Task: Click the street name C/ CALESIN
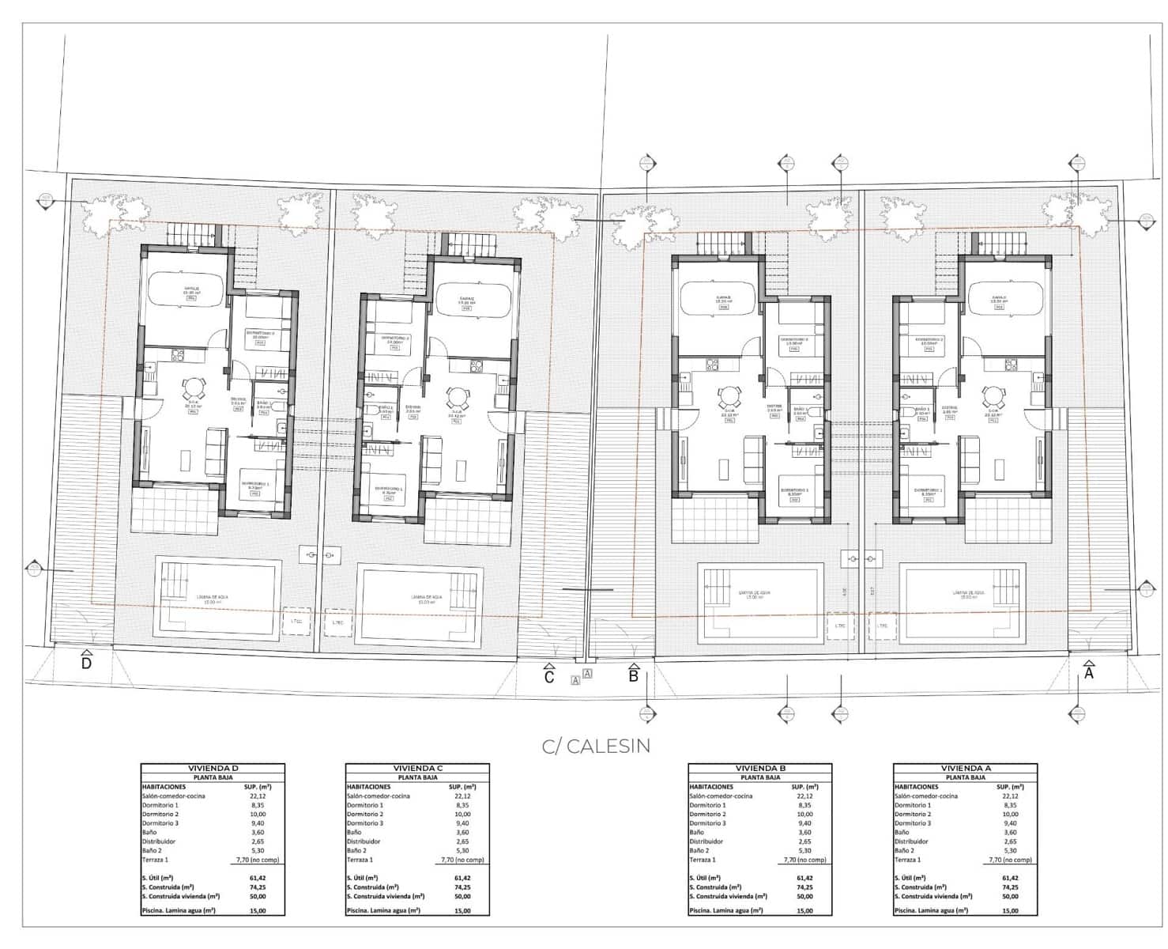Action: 596,746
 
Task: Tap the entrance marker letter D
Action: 86,663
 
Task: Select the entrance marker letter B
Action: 633,675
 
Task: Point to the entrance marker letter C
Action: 548,677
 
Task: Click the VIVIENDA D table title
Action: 212,768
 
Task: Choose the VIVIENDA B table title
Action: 759,768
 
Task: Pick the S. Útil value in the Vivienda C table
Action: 462,878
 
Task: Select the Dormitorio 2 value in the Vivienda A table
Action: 1010,815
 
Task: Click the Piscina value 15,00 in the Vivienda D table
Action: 257,911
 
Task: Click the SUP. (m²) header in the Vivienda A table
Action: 1010,787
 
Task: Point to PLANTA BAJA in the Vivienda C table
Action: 417,777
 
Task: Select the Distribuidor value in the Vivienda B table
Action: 804,841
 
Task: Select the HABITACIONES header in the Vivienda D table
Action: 164,787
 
